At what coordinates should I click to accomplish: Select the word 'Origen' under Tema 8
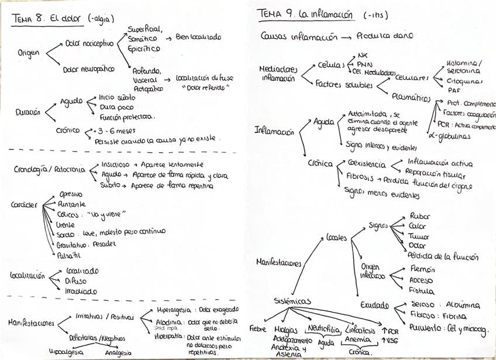coord(29,53)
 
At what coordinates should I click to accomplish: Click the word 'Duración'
coord(28,112)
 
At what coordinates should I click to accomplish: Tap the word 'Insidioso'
coord(115,164)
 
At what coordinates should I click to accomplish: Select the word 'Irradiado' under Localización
coord(81,291)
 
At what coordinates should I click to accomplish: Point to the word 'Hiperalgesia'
coord(173,310)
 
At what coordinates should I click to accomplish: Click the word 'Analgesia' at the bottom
coord(119,353)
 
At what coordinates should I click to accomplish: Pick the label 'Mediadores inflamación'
coord(278,73)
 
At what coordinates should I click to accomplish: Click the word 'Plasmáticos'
coord(411,98)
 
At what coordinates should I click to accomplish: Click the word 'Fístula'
coord(422,290)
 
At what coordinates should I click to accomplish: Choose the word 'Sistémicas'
coord(292,301)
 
